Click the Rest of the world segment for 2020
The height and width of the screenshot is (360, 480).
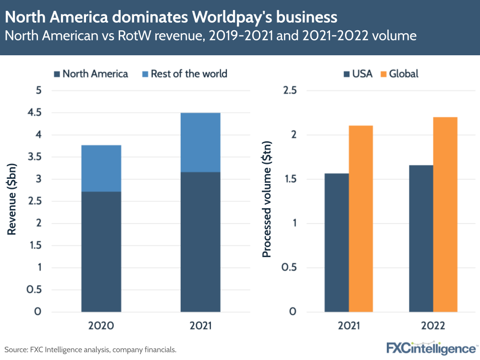click(101, 168)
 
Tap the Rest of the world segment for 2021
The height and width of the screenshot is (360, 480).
click(200, 142)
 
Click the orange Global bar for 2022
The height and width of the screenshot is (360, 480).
click(445, 214)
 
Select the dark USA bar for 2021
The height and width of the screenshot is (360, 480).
click(336, 243)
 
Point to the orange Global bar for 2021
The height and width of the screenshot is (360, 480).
click(361, 219)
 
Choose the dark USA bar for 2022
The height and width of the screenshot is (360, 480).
click(421, 238)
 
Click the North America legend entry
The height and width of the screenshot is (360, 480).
click(90, 74)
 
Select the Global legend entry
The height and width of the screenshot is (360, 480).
click(398, 74)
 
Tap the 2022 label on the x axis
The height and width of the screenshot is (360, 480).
click(433, 326)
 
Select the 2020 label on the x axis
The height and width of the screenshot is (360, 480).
click(101, 326)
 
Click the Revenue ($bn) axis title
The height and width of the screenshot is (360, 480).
click(12, 201)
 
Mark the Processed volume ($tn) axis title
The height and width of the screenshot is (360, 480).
click(267, 201)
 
